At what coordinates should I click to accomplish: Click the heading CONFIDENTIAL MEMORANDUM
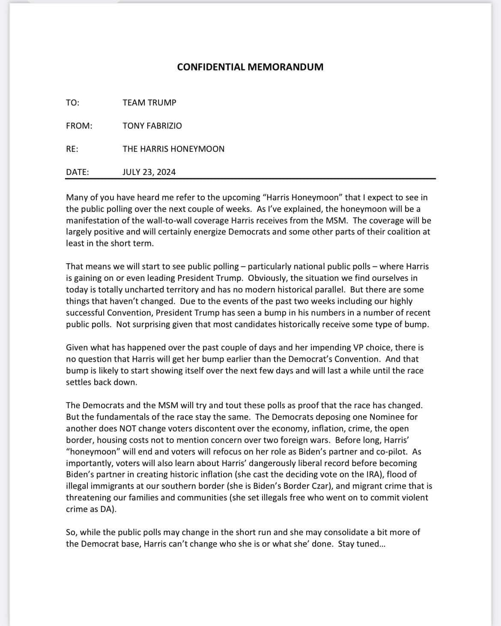[250, 67]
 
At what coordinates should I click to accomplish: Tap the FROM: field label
[79, 126]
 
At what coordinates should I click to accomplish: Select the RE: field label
[72, 149]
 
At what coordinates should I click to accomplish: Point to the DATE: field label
[78, 172]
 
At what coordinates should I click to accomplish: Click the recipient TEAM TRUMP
[149, 102]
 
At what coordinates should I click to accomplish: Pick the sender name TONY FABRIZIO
[152, 126]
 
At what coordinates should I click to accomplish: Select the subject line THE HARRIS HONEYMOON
[173, 149]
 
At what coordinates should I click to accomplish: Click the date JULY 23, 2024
[149, 172]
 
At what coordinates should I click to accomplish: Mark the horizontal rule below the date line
[250, 178]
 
